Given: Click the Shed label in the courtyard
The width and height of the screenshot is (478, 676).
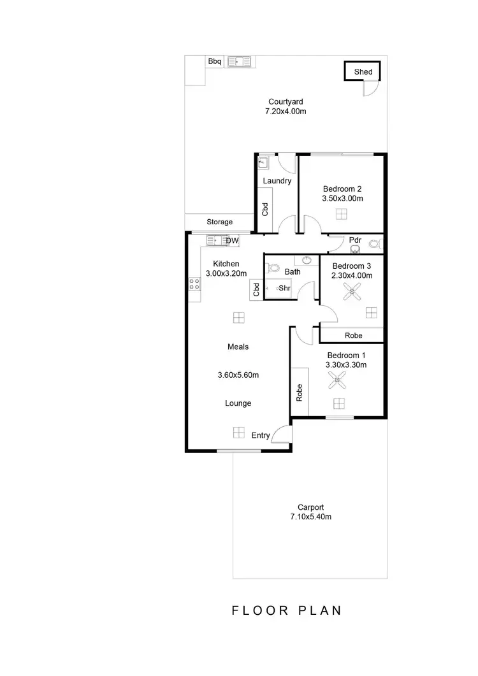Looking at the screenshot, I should (363, 72).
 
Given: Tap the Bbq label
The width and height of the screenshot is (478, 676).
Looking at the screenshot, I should (214, 61).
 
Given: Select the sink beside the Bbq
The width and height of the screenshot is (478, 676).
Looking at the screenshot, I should (240, 61).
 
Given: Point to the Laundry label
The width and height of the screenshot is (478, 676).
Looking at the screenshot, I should (277, 181).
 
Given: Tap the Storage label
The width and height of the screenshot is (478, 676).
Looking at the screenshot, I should (219, 222).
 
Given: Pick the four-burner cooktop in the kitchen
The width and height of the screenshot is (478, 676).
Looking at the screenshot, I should (195, 284).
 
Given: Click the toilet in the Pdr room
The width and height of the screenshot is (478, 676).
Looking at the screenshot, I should (375, 243).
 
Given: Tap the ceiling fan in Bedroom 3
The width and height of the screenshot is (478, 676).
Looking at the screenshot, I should (351, 292).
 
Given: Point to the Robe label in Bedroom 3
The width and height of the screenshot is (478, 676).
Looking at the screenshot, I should (353, 335).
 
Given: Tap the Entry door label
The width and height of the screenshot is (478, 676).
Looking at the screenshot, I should (261, 435).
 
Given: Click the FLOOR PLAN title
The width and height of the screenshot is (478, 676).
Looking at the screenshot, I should (286, 610).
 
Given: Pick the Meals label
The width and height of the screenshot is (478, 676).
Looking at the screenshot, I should (238, 347).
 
